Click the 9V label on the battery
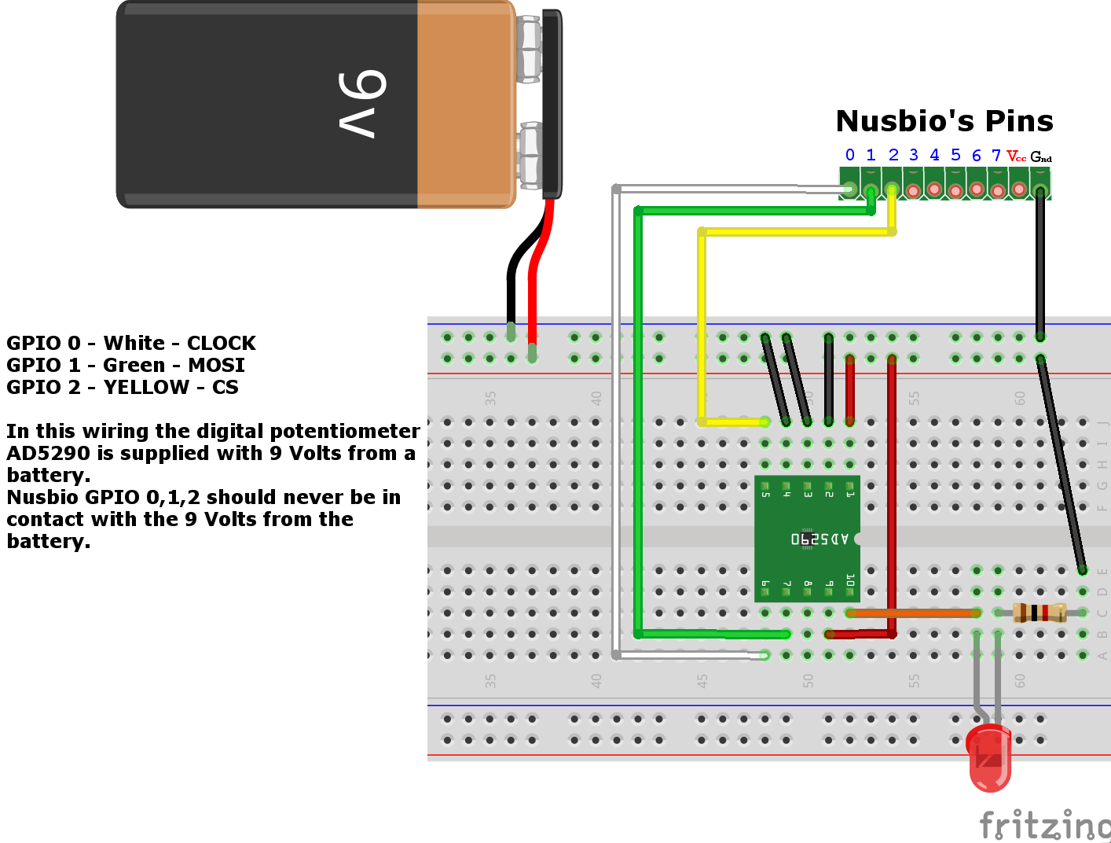click(x=362, y=104)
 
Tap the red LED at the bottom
click(x=989, y=757)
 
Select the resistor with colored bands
click(x=1039, y=612)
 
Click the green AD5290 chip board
click(x=807, y=539)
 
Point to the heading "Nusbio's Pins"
click(x=944, y=121)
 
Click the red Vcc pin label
click(x=1017, y=156)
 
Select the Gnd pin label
click(x=1041, y=156)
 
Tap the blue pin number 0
click(x=849, y=155)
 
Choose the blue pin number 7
click(x=996, y=156)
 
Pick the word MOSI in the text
click(x=216, y=366)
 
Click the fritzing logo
click(x=1044, y=825)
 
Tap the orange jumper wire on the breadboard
click(x=911, y=613)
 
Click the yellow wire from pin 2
click(x=794, y=232)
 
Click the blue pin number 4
click(x=934, y=155)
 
